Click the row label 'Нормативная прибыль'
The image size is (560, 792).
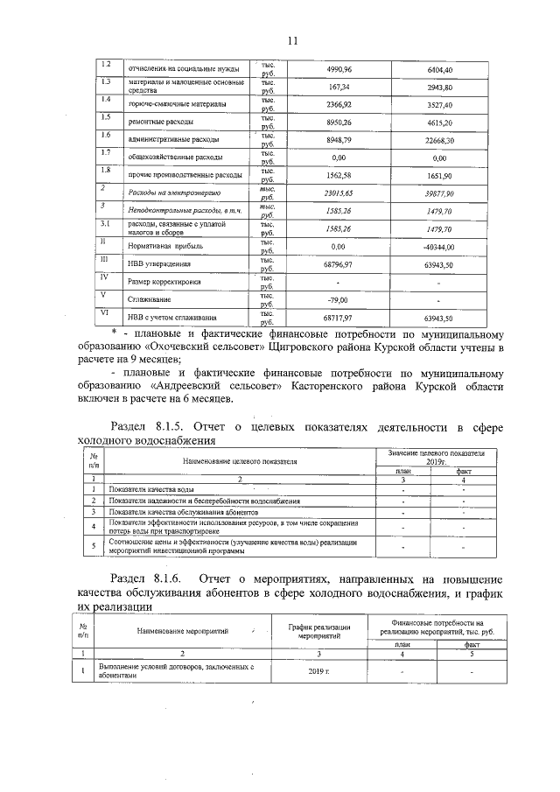click(x=165, y=247)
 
